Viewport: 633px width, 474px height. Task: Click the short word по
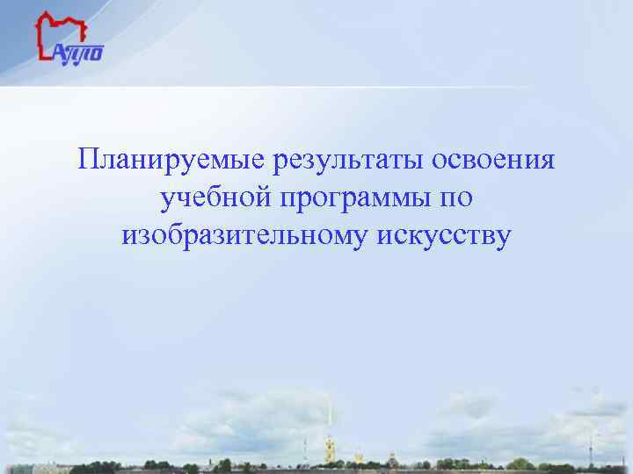pos(455,198)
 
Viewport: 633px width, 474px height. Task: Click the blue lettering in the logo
pos(79,53)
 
